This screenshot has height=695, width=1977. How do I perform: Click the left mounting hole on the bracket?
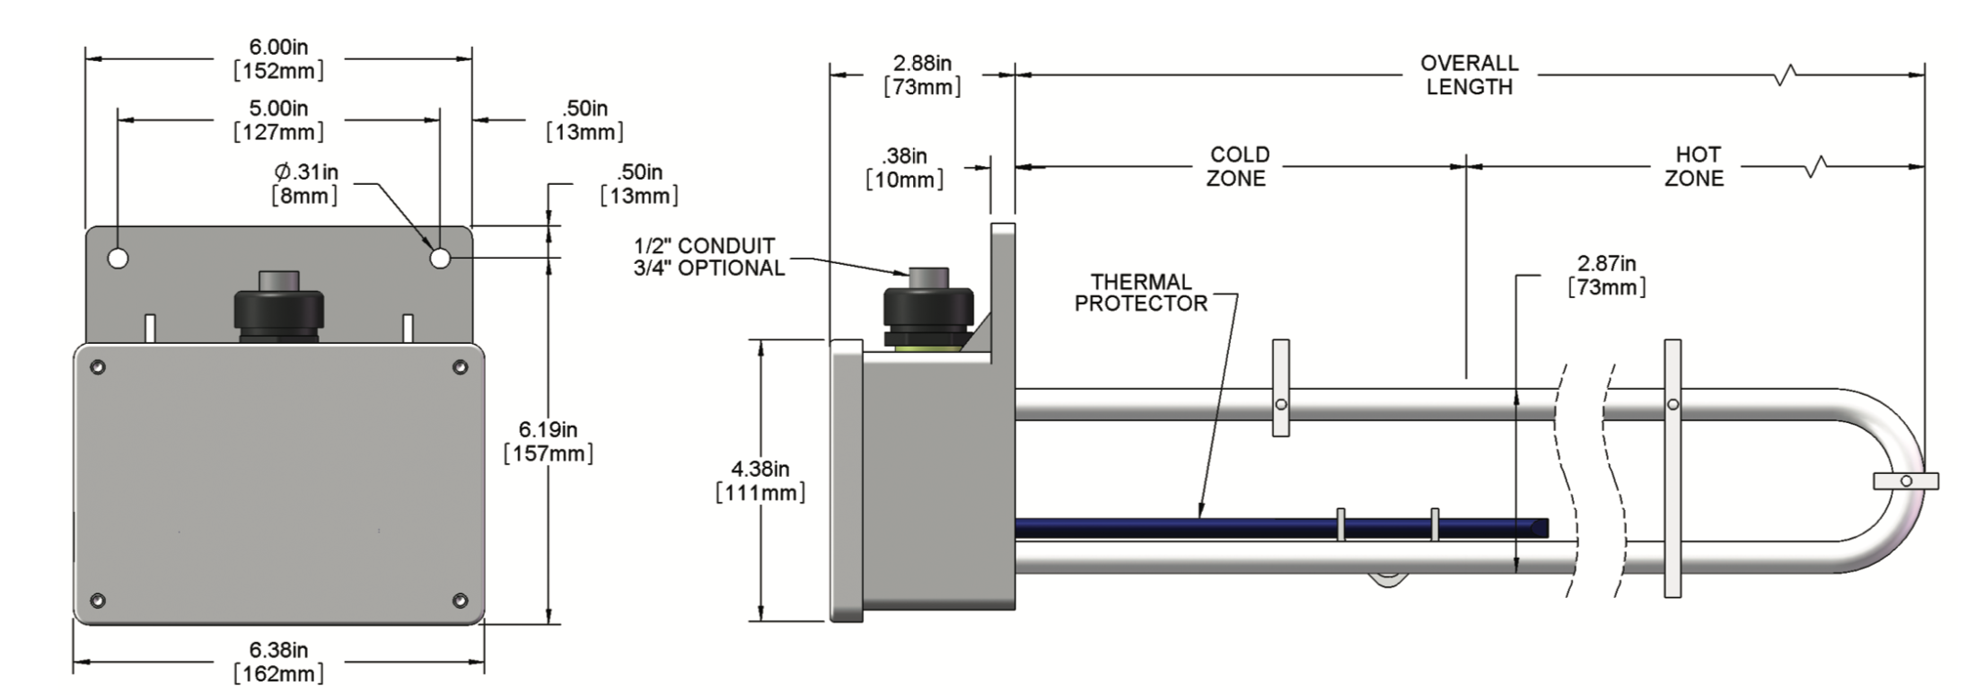point(118,259)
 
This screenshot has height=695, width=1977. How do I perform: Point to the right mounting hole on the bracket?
point(439,259)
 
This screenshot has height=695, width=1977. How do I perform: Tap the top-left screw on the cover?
point(98,366)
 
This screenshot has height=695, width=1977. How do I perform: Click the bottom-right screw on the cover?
point(460,600)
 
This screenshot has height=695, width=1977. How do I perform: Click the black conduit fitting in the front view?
point(278,310)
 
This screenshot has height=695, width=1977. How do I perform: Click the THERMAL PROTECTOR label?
point(1141,293)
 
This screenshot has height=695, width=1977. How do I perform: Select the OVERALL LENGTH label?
point(1469,75)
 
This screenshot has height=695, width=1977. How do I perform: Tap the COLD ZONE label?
point(1238,166)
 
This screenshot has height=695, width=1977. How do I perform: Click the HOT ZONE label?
point(1695,166)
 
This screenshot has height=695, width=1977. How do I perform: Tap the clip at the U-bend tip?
point(1905,481)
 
